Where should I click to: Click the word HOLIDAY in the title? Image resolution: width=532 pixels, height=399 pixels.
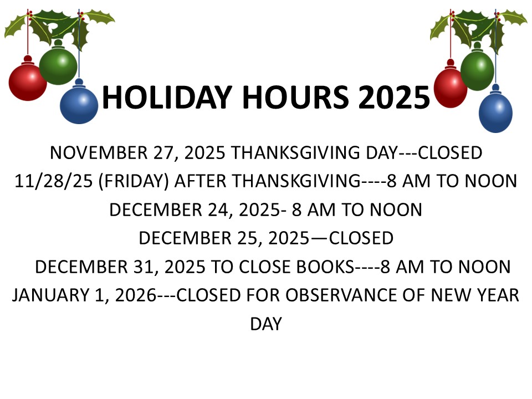166,98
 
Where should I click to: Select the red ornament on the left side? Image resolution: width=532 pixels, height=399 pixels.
28,82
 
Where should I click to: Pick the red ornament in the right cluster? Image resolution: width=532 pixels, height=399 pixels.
450,87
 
